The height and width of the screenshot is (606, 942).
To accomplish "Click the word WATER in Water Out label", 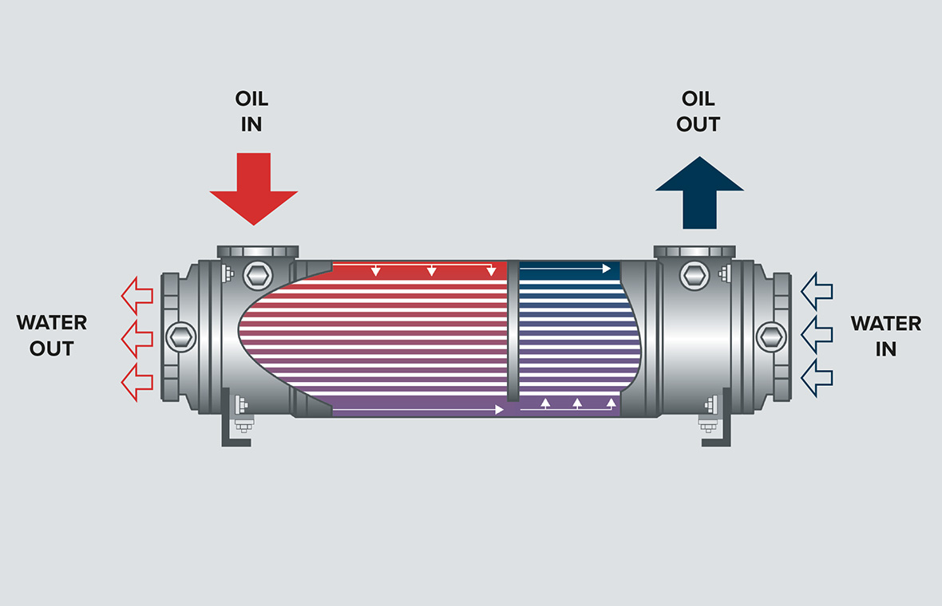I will (52, 323).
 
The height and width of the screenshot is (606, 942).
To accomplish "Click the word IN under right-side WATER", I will (885, 349).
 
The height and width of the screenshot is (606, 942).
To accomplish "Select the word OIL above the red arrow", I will (251, 100).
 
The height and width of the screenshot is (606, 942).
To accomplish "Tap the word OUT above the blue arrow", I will (698, 124).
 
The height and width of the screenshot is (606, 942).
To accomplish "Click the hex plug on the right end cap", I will (771, 336).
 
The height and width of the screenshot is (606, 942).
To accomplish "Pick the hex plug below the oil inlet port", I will (258, 276).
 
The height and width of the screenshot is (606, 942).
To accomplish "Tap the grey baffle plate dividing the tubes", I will (513, 331).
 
